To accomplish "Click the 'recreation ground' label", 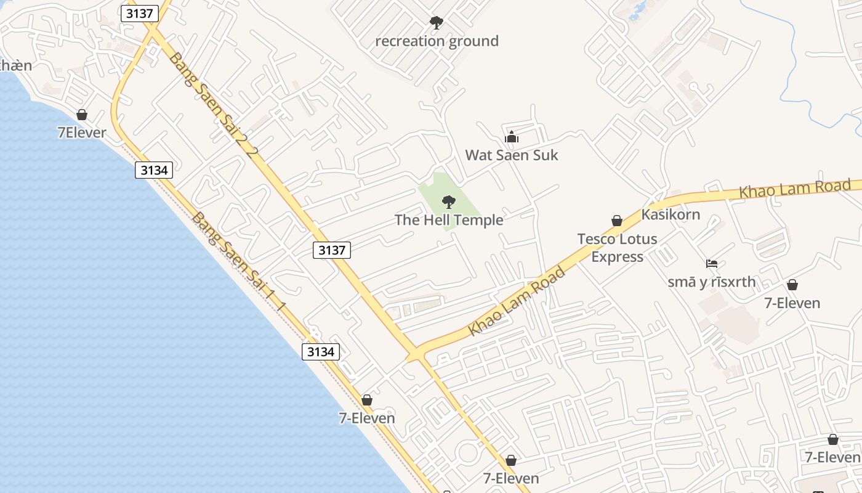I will point(437,41).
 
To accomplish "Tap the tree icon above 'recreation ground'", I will point(436,23).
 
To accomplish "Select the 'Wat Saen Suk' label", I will point(512,155).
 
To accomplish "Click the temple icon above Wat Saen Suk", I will point(512,137).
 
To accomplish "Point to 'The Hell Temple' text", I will point(449,220).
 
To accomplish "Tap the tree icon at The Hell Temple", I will point(449,202).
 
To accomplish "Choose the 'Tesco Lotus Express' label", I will point(617,247).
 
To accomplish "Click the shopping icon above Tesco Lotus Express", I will point(616,221).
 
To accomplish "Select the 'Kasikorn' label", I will point(671,214).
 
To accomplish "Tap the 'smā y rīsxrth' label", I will point(711,282).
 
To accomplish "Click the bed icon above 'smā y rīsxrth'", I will point(712,264).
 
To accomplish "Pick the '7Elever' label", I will point(82,132).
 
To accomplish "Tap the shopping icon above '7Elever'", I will point(82,115).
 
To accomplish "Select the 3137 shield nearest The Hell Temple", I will point(332,250).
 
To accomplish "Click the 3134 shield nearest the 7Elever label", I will point(154,170).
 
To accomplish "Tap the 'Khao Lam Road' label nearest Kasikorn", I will point(794,189).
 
